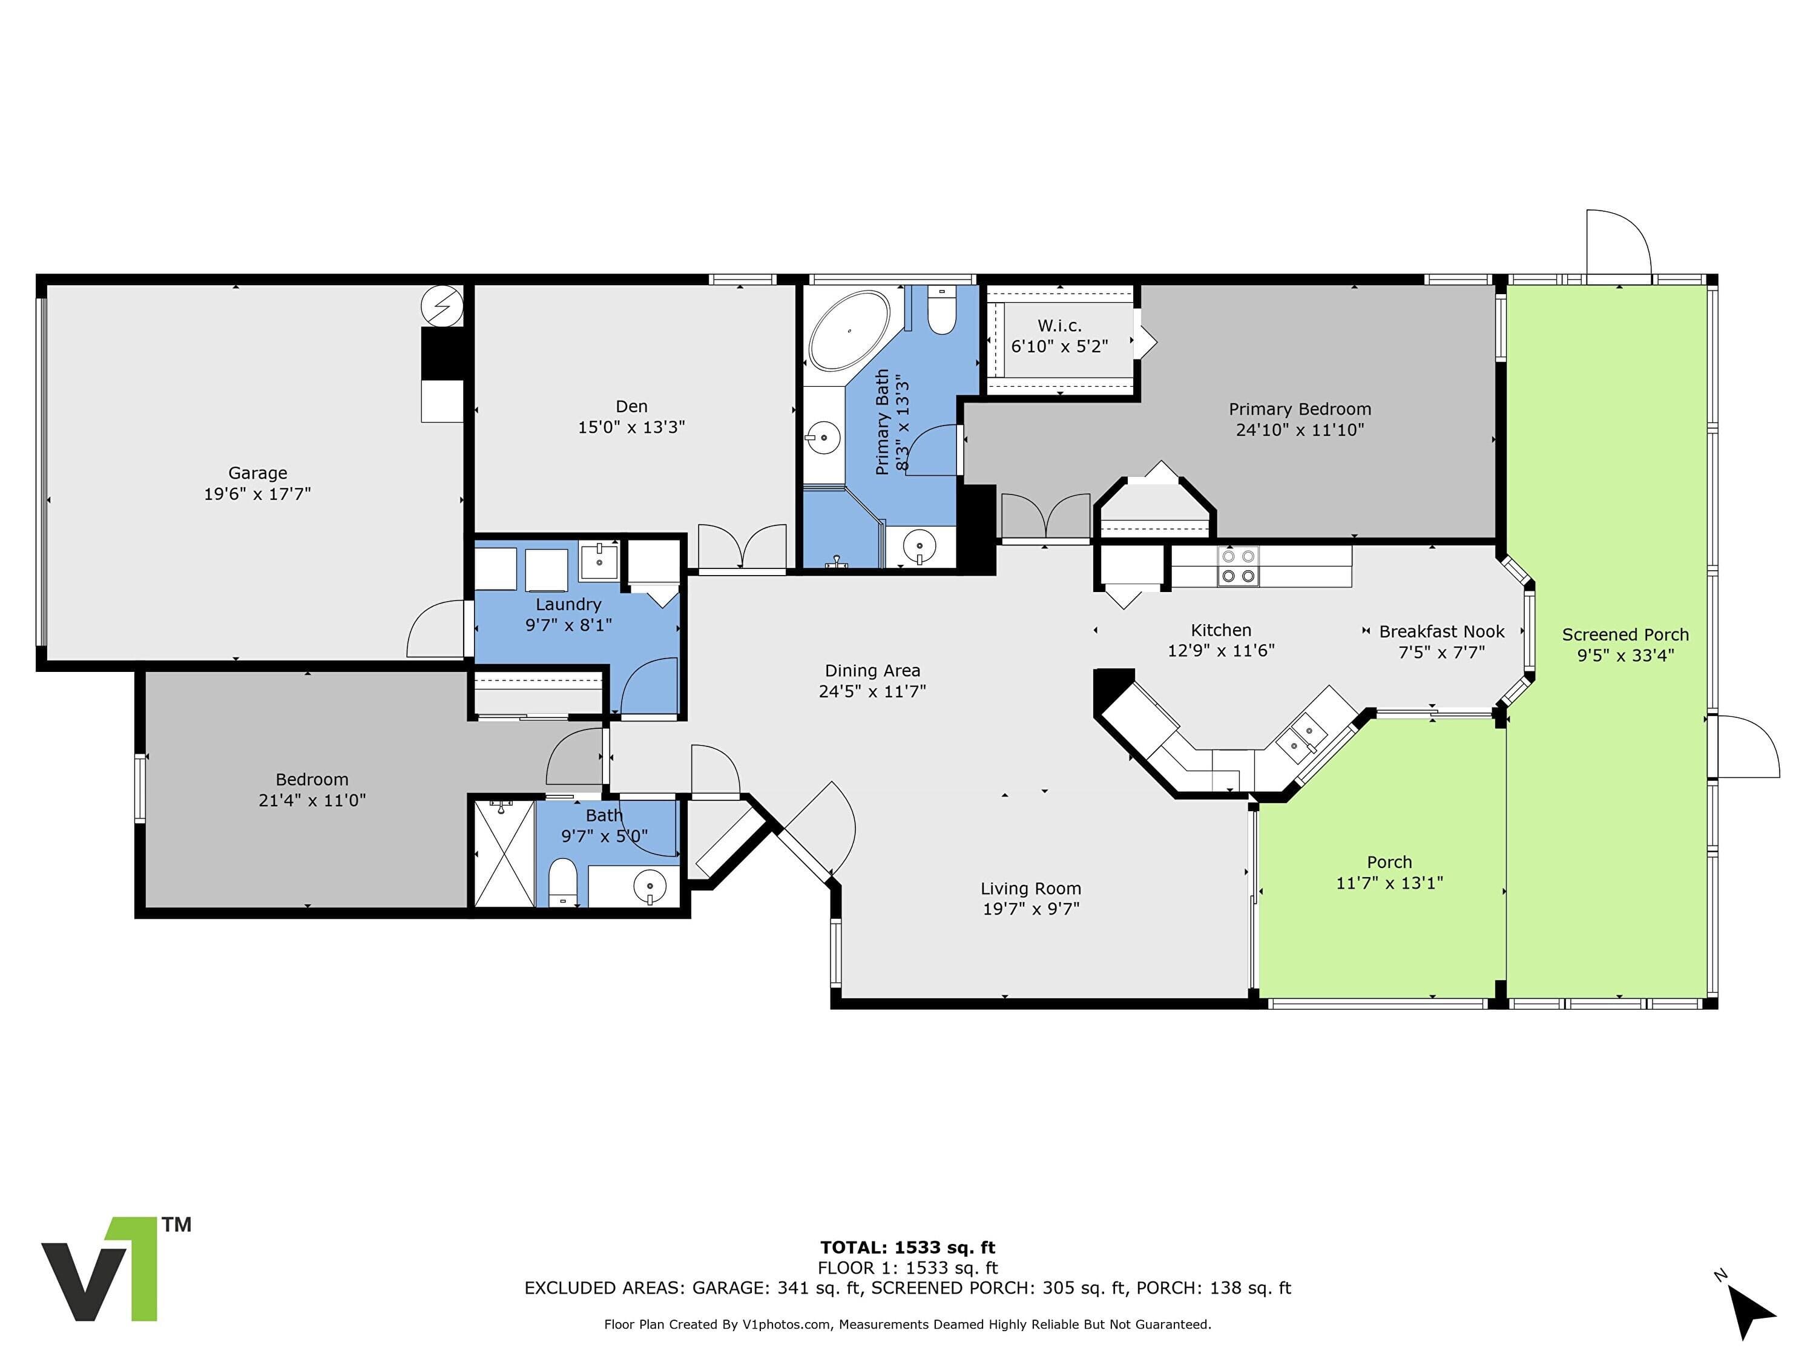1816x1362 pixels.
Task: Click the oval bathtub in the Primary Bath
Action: (x=849, y=330)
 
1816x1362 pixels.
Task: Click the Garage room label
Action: (x=258, y=473)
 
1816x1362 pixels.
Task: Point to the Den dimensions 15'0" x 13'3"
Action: (x=631, y=427)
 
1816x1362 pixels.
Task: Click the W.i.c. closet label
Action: (x=1060, y=326)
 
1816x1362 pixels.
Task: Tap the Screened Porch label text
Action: (x=1625, y=634)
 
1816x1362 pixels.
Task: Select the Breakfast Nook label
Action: (x=1442, y=631)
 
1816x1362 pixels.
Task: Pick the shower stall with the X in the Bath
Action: (x=505, y=853)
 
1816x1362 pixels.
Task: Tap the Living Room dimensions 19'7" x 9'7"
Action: (x=1030, y=909)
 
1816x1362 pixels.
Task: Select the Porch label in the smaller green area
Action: (x=1389, y=862)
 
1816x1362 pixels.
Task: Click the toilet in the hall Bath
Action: (x=563, y=883)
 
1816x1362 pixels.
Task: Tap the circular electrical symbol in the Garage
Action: (x=442, y=306)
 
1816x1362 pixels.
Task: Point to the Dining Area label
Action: (x=872, y=671)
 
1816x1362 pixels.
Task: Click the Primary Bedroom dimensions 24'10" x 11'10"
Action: (x=1300, y=429)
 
